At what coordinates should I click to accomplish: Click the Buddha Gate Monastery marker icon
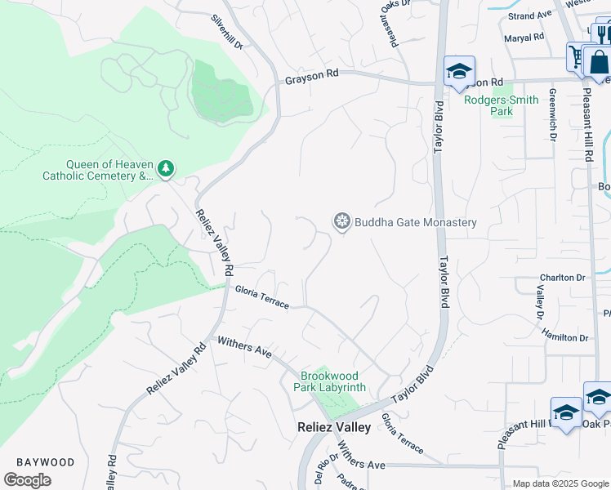pos(341,221)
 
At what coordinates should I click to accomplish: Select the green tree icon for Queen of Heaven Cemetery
pos(166,167)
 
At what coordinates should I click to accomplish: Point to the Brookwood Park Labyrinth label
pos(333,381)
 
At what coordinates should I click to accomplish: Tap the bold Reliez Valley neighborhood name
pos(333,427)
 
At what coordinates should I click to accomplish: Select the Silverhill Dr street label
pos(227,32)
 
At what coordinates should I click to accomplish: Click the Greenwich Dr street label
pos(553,114)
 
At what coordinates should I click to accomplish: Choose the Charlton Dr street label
pos(563,278)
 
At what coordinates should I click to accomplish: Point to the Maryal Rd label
pos(524,38)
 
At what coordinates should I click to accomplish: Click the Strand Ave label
pos(529,16)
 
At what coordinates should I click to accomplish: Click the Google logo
pos(27,479)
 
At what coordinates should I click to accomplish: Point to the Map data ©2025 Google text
pos(560,483)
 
